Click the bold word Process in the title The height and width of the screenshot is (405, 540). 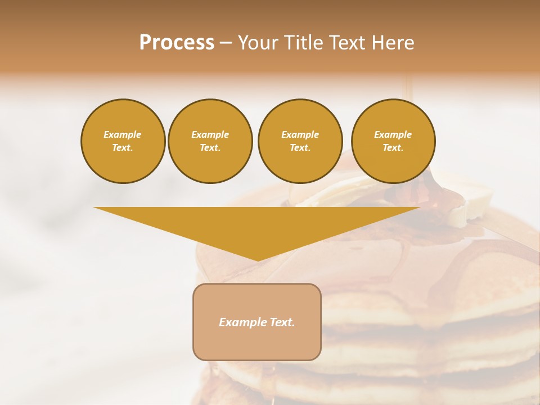pyautogui.click(x=177, y=43)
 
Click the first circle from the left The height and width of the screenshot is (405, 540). pyautogui.click(x=123, y=141)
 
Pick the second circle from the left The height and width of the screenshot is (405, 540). pyautogui.click(x=210, y=141)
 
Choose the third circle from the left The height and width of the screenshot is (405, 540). pyautogui.click(x=300, y=141)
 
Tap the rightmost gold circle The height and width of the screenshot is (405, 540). pyautogui.click(x=393, y=141)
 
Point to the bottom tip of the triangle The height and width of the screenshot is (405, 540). pyautogui.click(x=257, y=260)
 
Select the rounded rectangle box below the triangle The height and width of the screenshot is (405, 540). pyautogui.click(x=257, y=322)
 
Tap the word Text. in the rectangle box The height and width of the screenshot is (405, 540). pyautogui.click(x=282, y=322)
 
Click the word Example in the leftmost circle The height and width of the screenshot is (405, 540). pyautogui.click(x=123, y=134)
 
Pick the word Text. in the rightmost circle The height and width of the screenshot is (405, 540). pyautogui.click(x=393, y=148)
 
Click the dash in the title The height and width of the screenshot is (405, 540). pyautogui.click(x=226, y=43)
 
